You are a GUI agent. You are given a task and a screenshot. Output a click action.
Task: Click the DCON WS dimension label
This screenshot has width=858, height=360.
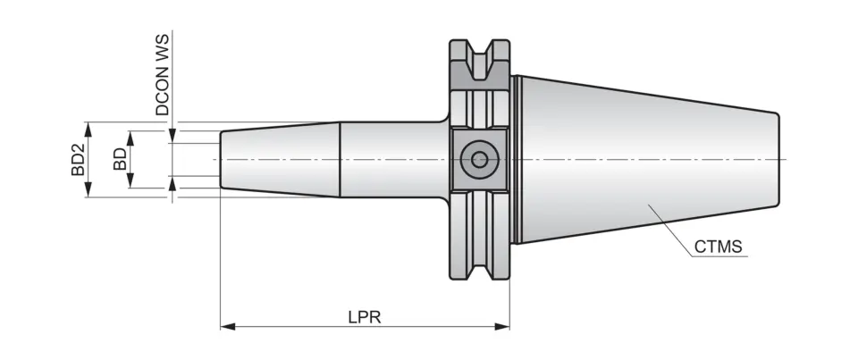point(163,76)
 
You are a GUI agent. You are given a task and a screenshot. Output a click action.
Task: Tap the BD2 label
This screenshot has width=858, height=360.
point(78,159)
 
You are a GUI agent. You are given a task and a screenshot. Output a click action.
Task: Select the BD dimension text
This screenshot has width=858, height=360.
point(118,159)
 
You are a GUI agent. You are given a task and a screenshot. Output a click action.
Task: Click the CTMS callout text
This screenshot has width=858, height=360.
point(718,246)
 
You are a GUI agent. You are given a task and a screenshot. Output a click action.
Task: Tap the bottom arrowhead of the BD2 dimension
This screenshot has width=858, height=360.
point(88,192)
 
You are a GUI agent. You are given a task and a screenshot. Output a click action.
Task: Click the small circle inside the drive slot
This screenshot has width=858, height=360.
point(480,160)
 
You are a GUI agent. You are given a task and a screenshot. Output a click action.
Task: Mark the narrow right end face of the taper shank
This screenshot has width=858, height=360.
point(780,159)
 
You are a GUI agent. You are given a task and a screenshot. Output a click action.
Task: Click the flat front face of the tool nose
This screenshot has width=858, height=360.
point(221,159)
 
